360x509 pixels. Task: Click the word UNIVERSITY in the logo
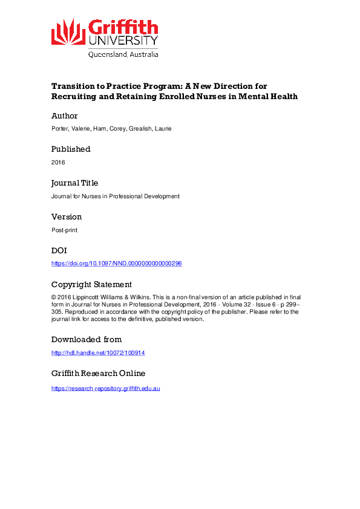123,40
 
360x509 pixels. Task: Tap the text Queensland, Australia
123,54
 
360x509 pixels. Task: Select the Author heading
64,115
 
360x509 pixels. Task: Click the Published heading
71,149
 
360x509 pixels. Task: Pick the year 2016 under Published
58,162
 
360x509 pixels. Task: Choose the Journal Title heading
74,183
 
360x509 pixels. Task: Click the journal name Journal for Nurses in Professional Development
116,196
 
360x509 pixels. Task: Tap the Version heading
67,216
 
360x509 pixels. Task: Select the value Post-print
64,230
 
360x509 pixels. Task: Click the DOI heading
59,250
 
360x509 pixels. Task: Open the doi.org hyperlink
117,264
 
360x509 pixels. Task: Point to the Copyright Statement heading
91,284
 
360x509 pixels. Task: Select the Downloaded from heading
87,339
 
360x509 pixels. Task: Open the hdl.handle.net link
99,352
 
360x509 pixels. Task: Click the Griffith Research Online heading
98,373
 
